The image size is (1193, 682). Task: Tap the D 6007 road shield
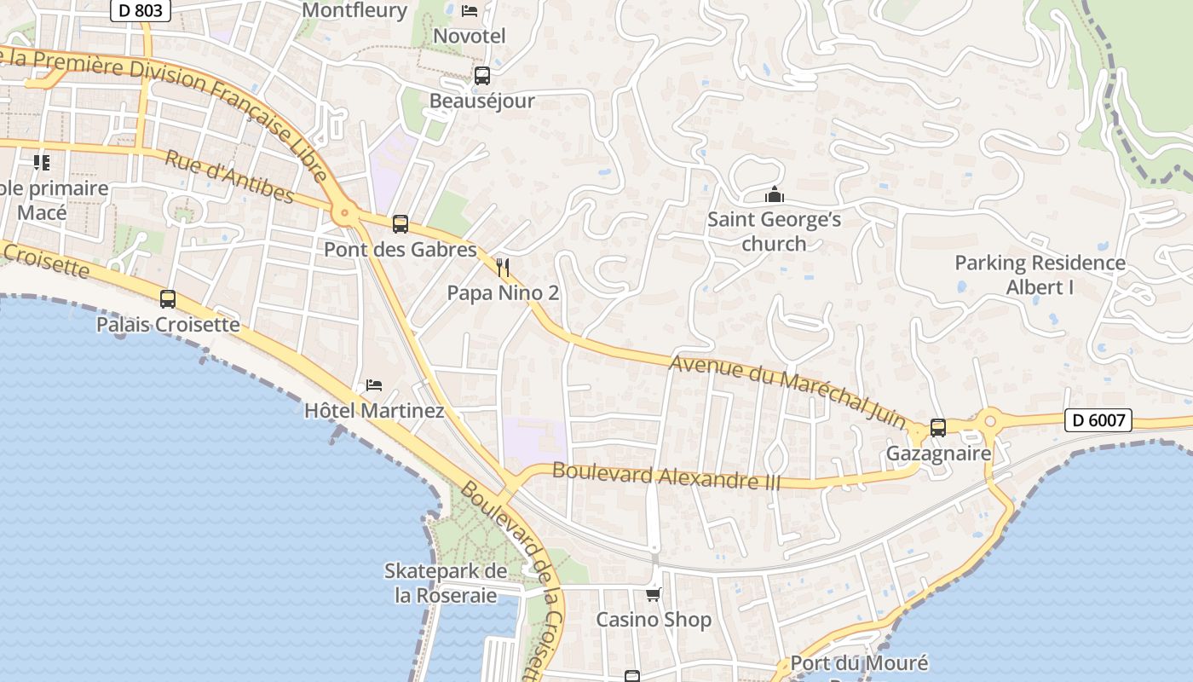click(x=1098, y=420)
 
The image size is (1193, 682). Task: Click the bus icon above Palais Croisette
click(x=168, y=299)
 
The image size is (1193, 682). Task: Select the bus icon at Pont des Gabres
click(x=400, y=224)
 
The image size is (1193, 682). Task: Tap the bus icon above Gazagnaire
click(x=938, y=428)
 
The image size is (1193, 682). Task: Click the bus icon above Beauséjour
click(x=481, y=76)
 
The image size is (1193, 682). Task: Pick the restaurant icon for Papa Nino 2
click(x=503, y=269)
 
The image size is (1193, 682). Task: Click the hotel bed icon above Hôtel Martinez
click(x=374, y=385)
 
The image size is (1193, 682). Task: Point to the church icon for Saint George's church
click(x=774, y=195)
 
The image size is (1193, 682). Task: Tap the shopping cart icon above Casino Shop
click(x=653, y=595)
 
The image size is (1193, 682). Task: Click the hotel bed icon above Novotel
click(x=470, y=11)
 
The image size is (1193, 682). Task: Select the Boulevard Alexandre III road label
click(x=666, y=476)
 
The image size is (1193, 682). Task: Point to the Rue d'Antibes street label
click(x=228, y=177)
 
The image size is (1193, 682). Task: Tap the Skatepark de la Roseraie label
click(x=446, y=583)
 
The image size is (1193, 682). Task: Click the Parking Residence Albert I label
click(x=1040, y=275)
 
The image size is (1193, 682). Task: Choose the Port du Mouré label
click(x=859, y=663)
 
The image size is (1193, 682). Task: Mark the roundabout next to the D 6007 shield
click(x=990, y=420)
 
